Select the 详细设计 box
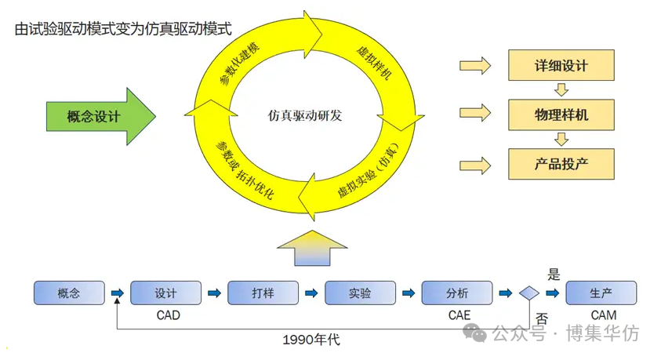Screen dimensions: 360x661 (x=561, y=67)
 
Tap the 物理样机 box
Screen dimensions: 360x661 (x=561, y=115)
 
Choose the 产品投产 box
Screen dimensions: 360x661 (x=561, y=164)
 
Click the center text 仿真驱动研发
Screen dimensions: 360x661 (x=304, y=116)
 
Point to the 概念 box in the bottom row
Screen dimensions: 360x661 (x=69, y=293)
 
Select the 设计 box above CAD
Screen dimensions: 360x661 (x=166, y=293)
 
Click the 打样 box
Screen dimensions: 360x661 (x=263, y=293)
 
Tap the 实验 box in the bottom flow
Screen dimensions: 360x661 (x=360, y=293)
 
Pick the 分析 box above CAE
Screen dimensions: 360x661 (x=457, y=293)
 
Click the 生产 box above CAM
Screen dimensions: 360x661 (x=601, y=293)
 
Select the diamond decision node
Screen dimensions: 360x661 (x=528, y=293)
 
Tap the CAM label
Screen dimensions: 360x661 (x=603, y=315)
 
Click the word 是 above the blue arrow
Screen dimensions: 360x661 (x=554, y=275)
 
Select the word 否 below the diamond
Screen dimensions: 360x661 (x=541, y=318)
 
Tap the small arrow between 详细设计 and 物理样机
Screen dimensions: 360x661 (x=561, y=91)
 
